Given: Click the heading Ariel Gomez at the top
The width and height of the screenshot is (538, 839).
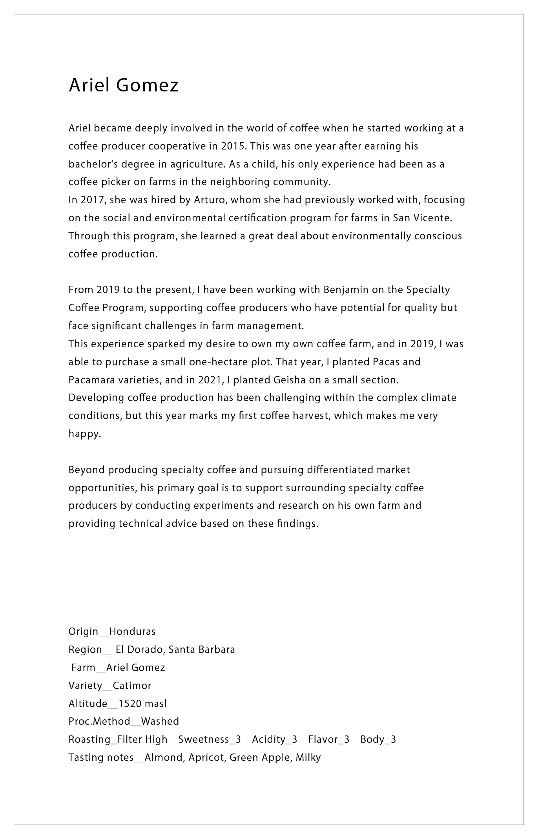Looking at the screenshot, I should click(124, 85).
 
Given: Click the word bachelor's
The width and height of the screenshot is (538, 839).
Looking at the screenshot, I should click(93, 164).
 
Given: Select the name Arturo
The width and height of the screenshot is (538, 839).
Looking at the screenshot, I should click(210, 200).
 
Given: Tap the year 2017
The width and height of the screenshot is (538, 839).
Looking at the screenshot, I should click(93, 200).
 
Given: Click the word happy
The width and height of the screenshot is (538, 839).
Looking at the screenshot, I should click(84, 434).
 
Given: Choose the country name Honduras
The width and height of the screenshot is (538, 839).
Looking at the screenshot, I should click(132, 631).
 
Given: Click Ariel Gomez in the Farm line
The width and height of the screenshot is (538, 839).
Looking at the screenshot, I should click(136, 668).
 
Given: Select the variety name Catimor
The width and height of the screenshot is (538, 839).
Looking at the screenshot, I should click(132, 686).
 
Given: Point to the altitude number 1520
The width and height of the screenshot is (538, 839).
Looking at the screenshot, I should click(130, 704).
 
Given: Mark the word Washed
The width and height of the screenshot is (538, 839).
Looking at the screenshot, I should click(160, 721).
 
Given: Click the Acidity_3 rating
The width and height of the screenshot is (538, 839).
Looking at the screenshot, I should click(274, 739).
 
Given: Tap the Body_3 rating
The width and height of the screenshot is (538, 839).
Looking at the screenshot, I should click(378, 739).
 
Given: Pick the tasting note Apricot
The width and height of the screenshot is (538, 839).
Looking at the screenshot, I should click(206, 757).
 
